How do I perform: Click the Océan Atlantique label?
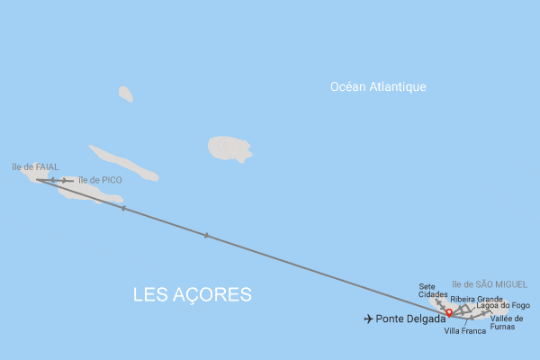(378, 86)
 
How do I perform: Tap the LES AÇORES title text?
(192, 295)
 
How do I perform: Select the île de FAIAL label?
(35, 166)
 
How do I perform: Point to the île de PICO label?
(100, 180)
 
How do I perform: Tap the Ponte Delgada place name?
(410, 319)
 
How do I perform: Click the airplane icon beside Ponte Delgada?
(368, 319)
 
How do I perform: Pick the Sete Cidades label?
(433, 291)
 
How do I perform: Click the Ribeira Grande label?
(476, 299)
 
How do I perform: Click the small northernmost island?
(125, 94)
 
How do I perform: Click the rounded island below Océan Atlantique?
(229, 148)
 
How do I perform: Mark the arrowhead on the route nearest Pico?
(123, 209)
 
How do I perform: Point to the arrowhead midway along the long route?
(207, 236)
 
